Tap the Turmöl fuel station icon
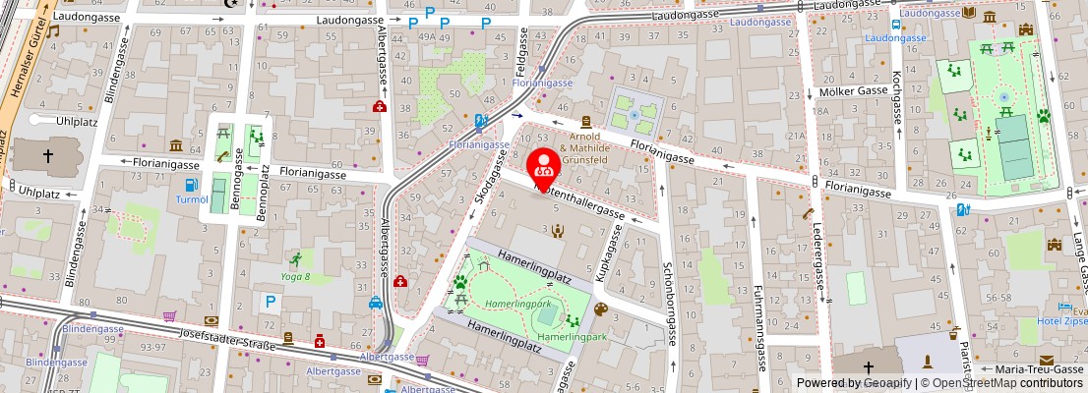[190, 185]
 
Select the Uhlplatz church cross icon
[48, 155]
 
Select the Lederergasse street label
[817, 254]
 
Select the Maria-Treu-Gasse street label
[1034, 369]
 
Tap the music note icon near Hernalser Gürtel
[52, 31]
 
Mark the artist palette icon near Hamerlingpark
[601, 309]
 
